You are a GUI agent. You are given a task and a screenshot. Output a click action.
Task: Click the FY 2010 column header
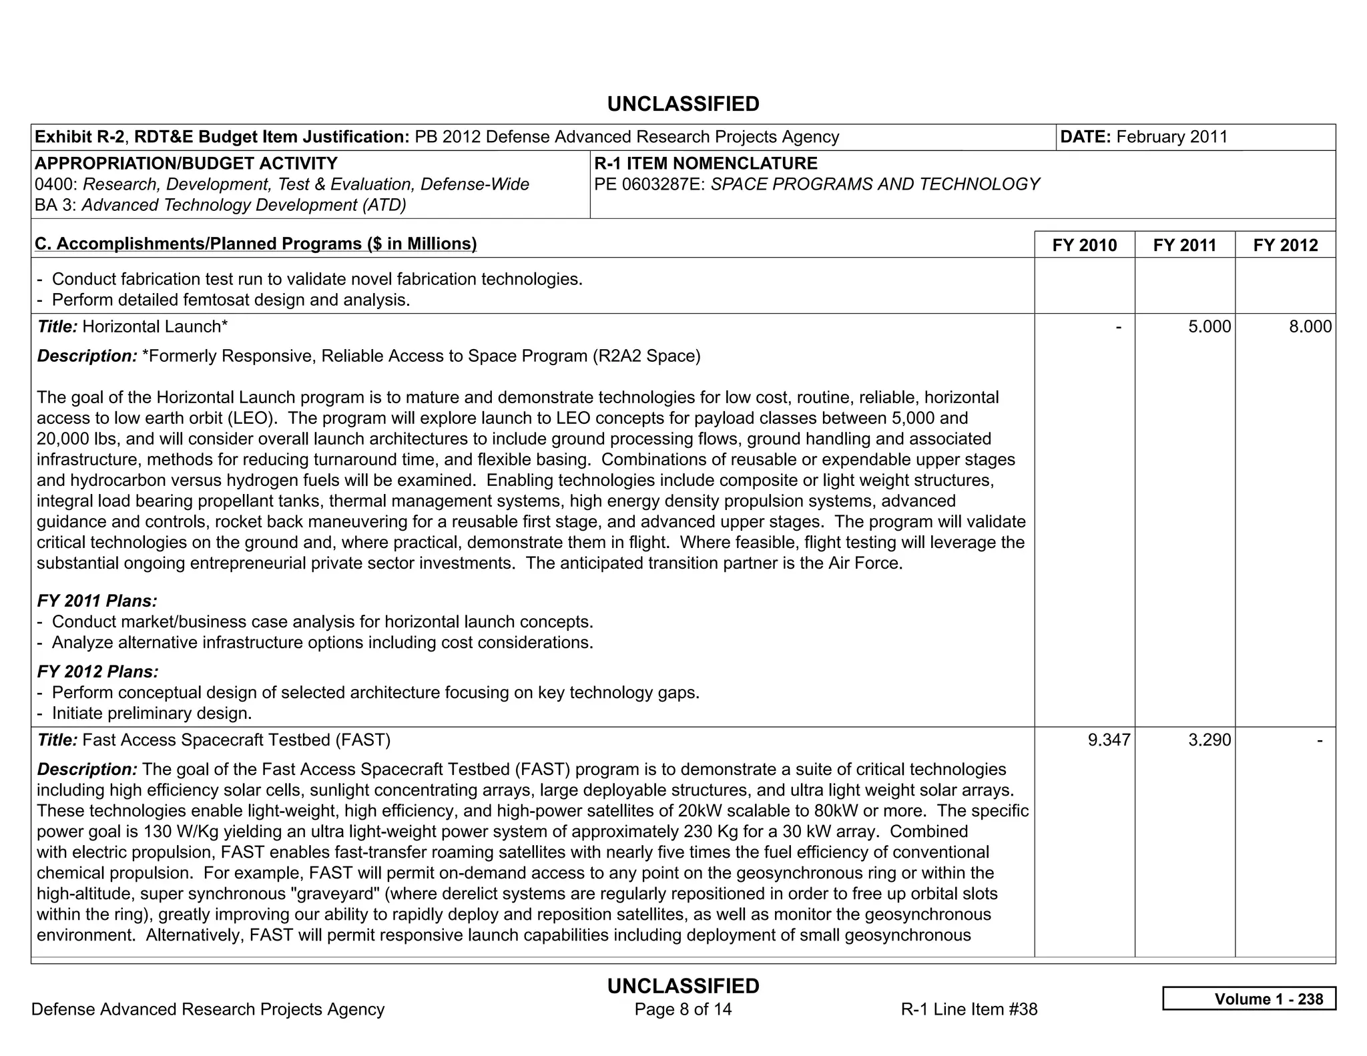click(1084, 245)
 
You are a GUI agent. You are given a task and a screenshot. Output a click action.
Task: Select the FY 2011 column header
click(1185, 245)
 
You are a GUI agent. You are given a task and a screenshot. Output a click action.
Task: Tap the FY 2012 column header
click(1286, 245)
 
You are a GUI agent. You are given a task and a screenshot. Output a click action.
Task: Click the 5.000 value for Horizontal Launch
click(1209, 326)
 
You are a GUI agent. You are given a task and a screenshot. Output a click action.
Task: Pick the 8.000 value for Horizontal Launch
click(1310, 326)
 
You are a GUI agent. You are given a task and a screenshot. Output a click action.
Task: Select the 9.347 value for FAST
click(1109, 740)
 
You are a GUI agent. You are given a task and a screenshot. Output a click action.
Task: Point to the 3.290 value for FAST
click(1209, 740)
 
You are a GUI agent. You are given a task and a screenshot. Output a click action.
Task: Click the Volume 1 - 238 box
click(1249, 999)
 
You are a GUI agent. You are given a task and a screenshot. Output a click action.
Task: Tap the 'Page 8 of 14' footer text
click(683, 1009)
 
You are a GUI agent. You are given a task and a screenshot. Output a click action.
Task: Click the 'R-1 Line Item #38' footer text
click(969, 1009)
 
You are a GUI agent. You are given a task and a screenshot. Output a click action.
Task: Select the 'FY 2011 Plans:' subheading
click(97, 601)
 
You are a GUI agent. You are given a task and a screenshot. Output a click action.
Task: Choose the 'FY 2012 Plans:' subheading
click(97, 672)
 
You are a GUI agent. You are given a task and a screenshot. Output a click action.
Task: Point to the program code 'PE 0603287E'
click(648, 184)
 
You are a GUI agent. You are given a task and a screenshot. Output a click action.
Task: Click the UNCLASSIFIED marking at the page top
click(683, 104)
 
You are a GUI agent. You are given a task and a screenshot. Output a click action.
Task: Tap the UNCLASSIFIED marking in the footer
click(683, 986)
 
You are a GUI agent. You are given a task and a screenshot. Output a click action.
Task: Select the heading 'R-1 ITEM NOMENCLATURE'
click(706, 164)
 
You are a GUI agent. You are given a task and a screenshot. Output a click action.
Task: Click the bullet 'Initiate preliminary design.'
click(152, 713)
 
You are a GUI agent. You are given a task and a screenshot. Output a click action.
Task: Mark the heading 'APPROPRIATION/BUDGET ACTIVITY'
click(186, 164)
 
